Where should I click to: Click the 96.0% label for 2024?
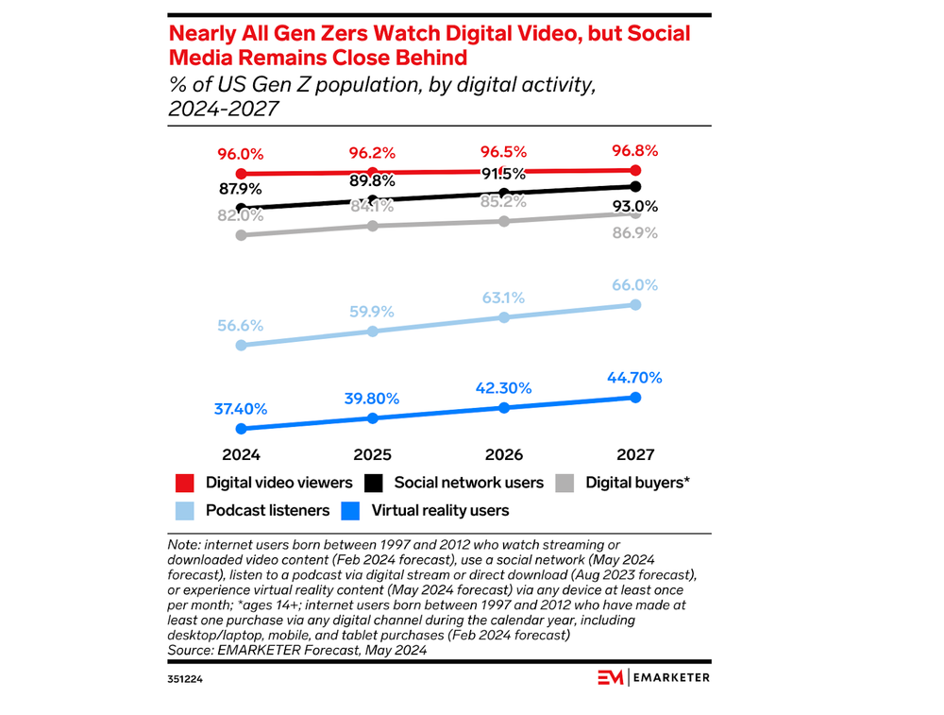[241, 155]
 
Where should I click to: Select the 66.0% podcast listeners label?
[633, 285]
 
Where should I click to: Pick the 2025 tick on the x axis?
[372, 454]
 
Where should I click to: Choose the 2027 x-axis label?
[634, 454]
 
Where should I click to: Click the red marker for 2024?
[241, 174]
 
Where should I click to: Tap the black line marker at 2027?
[635, 186]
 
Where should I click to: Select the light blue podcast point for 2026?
[504, 317]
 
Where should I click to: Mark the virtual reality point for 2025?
[373, 417]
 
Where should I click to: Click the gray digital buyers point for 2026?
[504, 221]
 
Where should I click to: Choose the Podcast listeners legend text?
[267, 511]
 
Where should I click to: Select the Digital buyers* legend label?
[638, 483]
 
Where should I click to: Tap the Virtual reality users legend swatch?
[350, 511]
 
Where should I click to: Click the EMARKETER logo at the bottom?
[653, 676]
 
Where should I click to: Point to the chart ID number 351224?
[186, 677]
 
